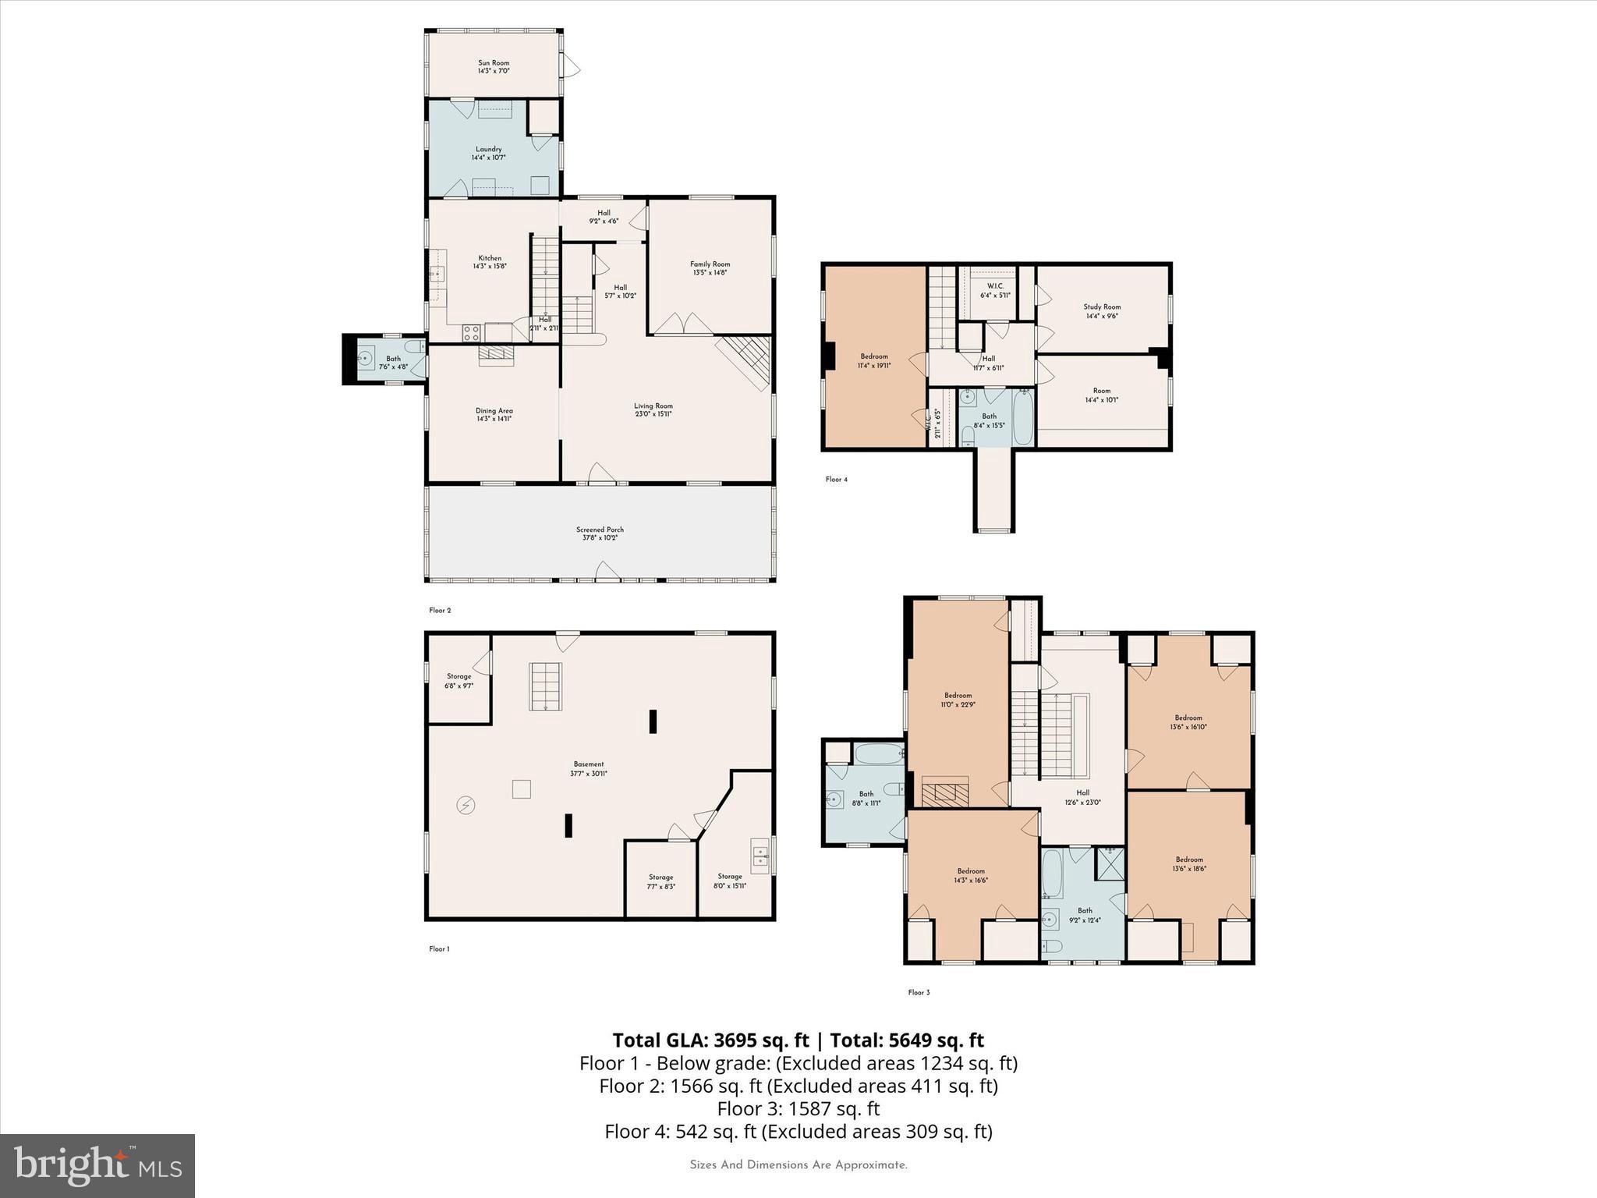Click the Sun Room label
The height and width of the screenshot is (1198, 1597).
point(494,66)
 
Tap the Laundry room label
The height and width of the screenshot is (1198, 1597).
point(489,153)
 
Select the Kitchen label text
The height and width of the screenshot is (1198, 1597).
point(490,262)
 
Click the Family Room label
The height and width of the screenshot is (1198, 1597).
point(710,268)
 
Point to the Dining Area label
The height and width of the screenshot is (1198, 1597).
point(494,414)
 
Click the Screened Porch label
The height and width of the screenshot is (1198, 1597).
point(600,533)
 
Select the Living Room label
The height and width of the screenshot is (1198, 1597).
point(653,409)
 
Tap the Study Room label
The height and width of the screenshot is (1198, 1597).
point(1102,311)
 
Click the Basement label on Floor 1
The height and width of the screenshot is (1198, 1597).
point(589,768)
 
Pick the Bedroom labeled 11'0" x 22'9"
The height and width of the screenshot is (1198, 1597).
point(958,700)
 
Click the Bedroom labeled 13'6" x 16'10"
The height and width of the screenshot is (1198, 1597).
point(1188,721)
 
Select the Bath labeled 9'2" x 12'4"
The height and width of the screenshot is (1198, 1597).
point(1085,915)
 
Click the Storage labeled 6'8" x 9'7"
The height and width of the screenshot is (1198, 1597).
point(459,681)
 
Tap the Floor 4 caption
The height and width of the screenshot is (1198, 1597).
point(836,480)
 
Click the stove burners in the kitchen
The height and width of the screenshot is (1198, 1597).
point(472,333)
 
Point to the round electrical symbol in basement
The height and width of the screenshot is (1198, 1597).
point(466,805)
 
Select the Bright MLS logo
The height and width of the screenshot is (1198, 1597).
point(97,1165)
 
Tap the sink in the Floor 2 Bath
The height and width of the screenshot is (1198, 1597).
point(365,360)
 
